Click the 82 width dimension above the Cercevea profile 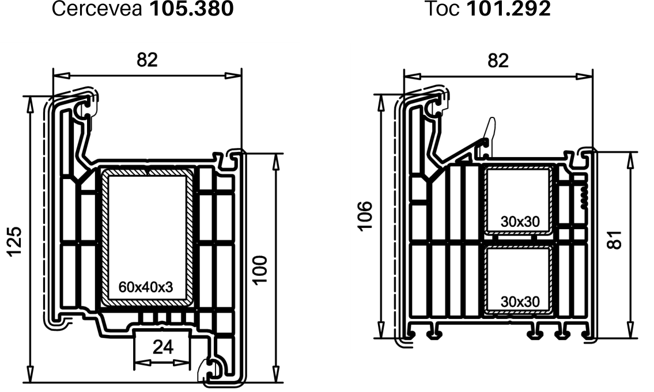pyautogui.click(x=148, y=60)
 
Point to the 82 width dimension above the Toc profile pyautogui.click(x=498, y=61)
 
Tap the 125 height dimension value pyautogui.click(x=14, y=242)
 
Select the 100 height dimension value pyautogui.click(x=260, y=270)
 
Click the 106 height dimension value pyautogui.click(x=365, y=216)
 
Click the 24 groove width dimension pyautogui.click(x=162, y=347)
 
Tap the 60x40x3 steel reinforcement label pyautogui.click(x=146, y=287)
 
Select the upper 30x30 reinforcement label pyautogui.click(x=520, y=222)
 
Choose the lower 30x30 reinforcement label pyautogui.click(x=520, y=301)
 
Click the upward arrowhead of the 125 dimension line pyautogui.click(x=29, y=105)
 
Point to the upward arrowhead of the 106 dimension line pyautogui.click(x=380, y=103)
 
